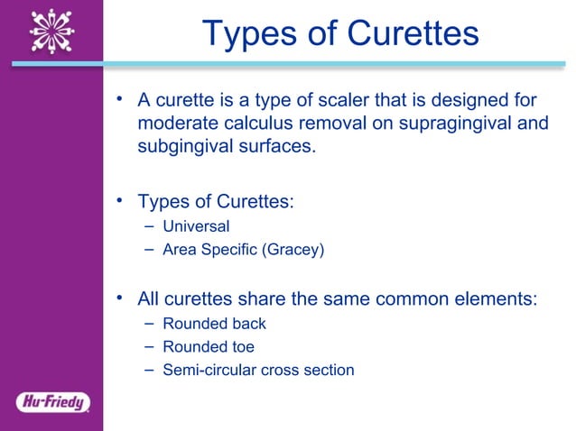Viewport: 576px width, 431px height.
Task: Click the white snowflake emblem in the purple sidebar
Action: point(51,31)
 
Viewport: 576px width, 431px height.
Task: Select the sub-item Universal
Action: point(196,226)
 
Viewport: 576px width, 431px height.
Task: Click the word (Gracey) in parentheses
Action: point(292,250)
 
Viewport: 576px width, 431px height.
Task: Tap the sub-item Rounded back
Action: point(214,323)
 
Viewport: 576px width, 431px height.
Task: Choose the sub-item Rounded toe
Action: point(208,346)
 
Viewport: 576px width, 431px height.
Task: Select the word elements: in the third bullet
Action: point(496,298)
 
